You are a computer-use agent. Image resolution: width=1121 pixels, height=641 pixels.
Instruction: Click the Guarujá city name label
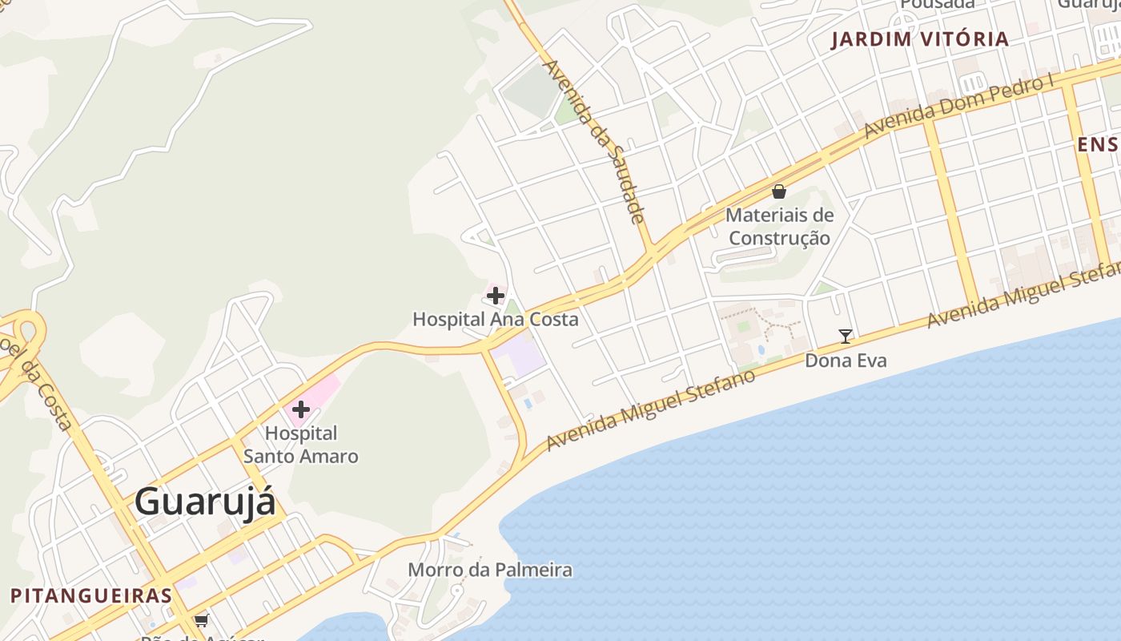(x=205, y=502)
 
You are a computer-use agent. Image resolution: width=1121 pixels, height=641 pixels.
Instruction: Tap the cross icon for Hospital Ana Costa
(x=496, y=296)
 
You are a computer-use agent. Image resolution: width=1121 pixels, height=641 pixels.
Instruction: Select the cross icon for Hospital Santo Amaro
(x=301, y=410)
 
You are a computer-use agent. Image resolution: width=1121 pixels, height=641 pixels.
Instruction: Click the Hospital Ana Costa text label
(x=495, y=319)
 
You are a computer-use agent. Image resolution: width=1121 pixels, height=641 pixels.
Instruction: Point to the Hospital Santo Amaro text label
(x=301, y=445)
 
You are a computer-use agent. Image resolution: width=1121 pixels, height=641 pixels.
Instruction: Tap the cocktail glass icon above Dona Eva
(x=845, y=337)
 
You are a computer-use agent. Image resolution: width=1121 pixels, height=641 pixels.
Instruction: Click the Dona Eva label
(x=846, y=361)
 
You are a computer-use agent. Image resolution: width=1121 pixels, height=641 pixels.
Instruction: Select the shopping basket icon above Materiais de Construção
(x=779, y=191)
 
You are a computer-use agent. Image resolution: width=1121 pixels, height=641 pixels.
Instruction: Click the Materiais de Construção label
(x=779, y=227)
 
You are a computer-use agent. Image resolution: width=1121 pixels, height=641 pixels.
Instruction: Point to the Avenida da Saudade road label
(x=594, y=141)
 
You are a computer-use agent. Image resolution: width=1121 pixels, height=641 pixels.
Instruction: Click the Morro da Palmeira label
(x=490, y=570)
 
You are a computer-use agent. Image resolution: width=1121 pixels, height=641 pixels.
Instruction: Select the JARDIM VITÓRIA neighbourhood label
(x=919, y=39)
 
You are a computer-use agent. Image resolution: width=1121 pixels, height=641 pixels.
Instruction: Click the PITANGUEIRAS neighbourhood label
(x=91, y=595)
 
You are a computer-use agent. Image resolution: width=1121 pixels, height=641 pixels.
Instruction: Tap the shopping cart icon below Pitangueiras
(x=201, y=620)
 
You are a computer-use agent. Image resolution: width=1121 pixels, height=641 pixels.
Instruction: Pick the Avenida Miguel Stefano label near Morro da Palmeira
(x=650, y=410)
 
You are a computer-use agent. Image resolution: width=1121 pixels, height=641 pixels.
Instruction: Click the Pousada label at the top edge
(x=938, y=4)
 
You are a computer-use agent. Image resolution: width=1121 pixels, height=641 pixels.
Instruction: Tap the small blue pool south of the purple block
(x=528, y=404)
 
